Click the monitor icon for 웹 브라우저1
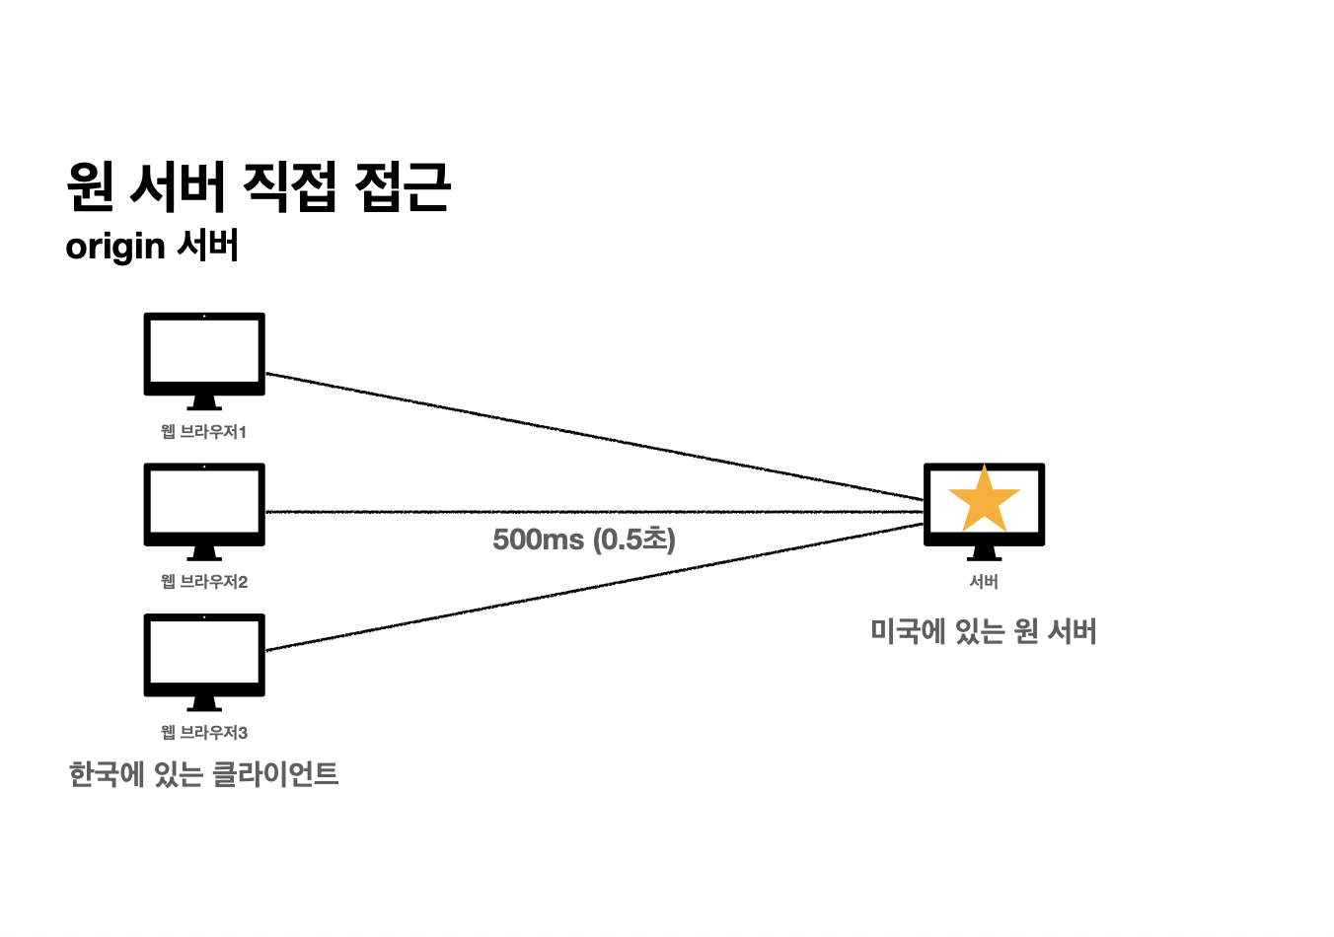(x=204, y=354)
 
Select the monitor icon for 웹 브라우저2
(x=204, y=504)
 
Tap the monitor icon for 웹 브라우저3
(x=204, y=655)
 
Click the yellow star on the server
(x=984, y=500)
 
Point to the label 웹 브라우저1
(x=204, y=432)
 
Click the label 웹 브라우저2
(x=204, y=582)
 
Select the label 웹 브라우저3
(x=204, y=733)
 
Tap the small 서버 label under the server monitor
(x=984, y=582)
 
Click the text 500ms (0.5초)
(x=584, y=540)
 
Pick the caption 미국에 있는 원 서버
(x=984, y=631)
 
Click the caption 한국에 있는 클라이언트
(x=204, y=774)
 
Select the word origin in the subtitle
(x=115, y=247)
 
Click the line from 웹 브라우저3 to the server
(x=592, y=587)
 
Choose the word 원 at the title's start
(x=91, y=186)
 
